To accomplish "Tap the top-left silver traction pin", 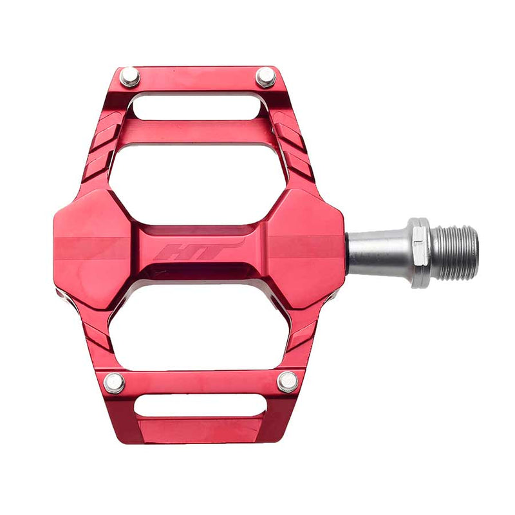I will pos(129,77).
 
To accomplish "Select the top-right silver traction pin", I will pos(265,77).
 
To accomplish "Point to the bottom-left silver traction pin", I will pos(115,382).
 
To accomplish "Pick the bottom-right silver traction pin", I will pos(287,382).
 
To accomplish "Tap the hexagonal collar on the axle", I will pos(419,252).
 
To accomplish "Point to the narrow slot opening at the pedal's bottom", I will pos(200,405).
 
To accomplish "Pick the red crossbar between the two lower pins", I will pos(200,381).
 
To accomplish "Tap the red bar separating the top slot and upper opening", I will pos(196,132).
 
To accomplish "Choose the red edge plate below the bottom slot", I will pos(201,430).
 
